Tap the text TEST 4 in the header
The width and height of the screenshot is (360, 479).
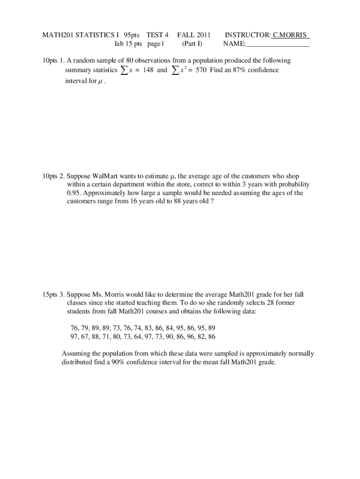pyautogui.click(x=157, y=35)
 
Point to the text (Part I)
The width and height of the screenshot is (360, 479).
pyautogui.click(x=192, y=44)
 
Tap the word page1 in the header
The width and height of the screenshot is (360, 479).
pyautogui.click(x=156, y=44)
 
